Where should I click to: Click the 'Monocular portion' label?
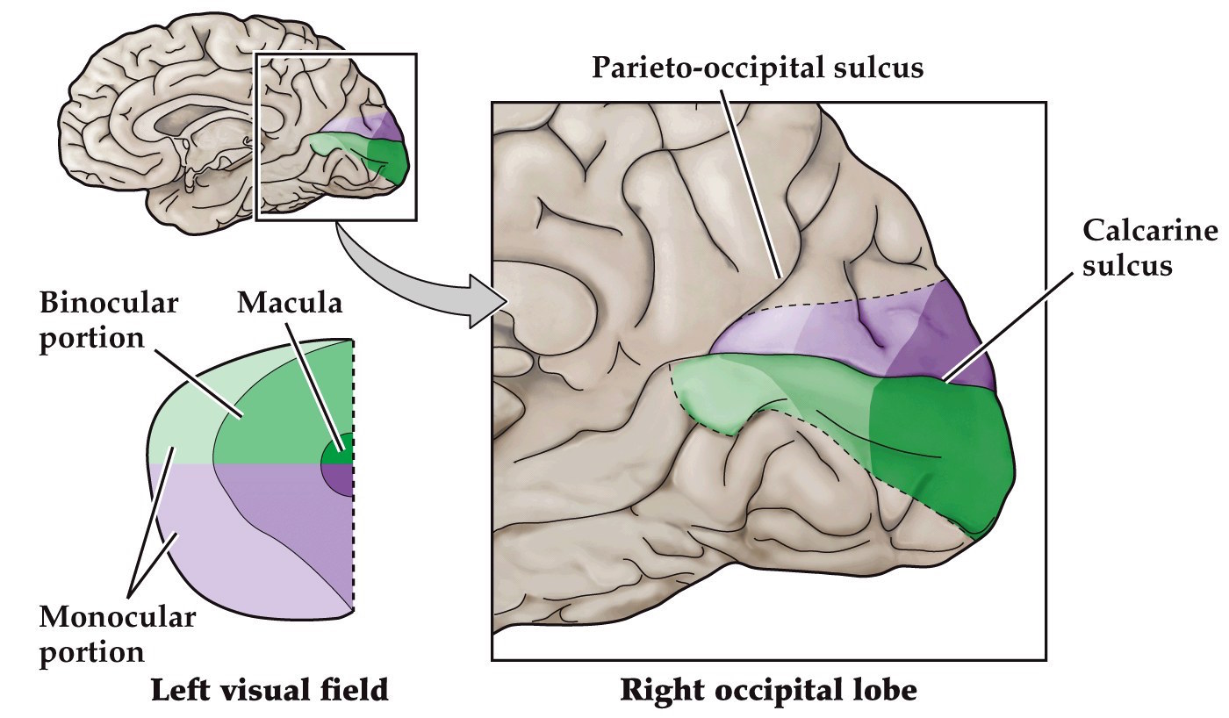(x=116, y=635)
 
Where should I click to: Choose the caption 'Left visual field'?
(x=269, y=690)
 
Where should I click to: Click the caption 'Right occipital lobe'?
(x=768, y=690)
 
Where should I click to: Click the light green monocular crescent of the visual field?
(x=180, y=430)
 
